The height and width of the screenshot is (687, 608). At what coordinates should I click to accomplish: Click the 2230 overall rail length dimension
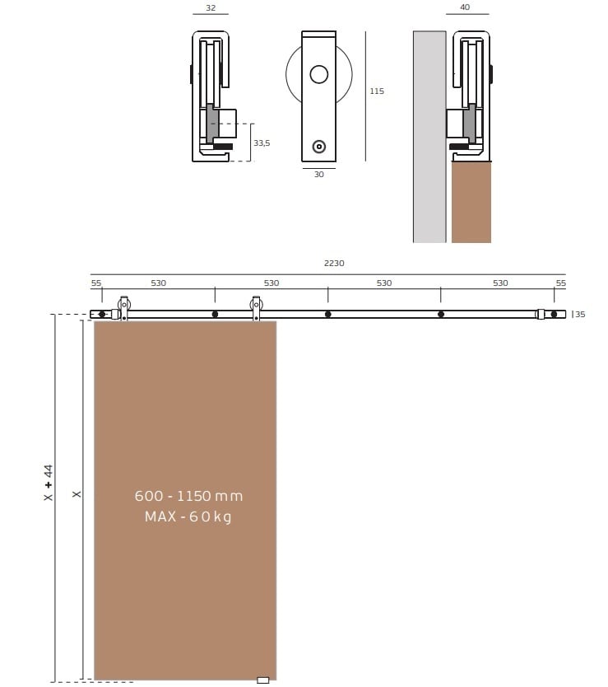[x=334, y=264]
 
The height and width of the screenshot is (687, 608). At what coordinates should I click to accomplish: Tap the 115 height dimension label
[x=377, y=91]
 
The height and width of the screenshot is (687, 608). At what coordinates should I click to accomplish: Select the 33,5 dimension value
[x=262, y=143]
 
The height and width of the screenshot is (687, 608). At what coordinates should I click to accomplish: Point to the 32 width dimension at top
[x=211, y=8]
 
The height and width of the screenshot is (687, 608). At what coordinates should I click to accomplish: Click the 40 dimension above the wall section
[x=465, y=7]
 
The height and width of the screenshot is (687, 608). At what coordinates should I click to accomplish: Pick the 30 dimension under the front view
[x=318, y=175]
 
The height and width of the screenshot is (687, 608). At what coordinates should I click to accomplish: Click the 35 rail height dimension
[x=580, y=314]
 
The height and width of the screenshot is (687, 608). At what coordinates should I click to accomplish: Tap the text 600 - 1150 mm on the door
[x=188, y=496]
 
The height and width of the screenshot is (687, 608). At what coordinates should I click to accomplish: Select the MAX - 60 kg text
[x=188, y=516]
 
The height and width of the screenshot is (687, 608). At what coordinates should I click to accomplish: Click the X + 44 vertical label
[x=49, y=483]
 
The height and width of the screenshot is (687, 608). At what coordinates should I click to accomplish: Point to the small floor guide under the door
[x=263, y=680]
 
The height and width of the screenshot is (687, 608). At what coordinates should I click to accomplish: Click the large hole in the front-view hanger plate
[x=318, y=74]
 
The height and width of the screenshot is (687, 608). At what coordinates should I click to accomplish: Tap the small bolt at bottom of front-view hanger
[x=318, y=147]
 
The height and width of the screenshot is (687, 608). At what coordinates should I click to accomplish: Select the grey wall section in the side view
[x=429, y=137]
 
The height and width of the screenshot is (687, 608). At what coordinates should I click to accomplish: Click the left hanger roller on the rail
[x=124, y=307]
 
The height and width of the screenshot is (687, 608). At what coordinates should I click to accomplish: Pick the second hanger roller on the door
[x=256, y=307]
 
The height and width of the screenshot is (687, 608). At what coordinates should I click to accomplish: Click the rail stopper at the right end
[x=541, y=314]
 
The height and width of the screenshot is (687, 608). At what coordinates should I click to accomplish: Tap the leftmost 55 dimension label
[x=96, y=283]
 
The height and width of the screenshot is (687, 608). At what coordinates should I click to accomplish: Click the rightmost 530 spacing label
[x=500, y=283]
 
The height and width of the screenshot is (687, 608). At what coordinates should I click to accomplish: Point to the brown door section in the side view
[x=471, y=202]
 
